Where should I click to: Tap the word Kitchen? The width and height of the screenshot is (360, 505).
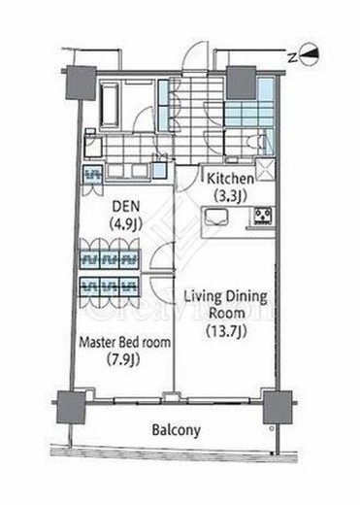[x=230, y=179]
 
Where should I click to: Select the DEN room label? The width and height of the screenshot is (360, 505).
[x=125, y=206]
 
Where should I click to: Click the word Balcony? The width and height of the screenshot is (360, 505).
[x=177, y=430]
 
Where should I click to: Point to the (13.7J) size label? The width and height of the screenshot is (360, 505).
[x=226, y=331]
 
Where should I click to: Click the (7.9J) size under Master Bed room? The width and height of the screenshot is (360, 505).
[x=123, y=359]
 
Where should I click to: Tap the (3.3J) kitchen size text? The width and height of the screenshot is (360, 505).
[x=230, y=195]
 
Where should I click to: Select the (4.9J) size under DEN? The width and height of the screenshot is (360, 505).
[x=125, y=223]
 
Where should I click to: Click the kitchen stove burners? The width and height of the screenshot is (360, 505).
[x=263, y=216]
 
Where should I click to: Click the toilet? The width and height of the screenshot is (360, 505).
[x=255, y=142]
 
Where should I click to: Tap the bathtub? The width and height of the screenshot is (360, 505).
[x=110, y=105]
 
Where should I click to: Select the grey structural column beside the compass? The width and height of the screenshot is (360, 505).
[x=242, y=82]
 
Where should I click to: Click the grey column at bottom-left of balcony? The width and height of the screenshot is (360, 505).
[x=71, y=407]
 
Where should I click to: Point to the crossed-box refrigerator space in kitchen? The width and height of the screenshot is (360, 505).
[x=265, y=169]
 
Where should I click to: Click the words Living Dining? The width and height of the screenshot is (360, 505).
[x=226, y=297]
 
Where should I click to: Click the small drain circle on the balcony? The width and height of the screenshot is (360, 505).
[x=272, y=428]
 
